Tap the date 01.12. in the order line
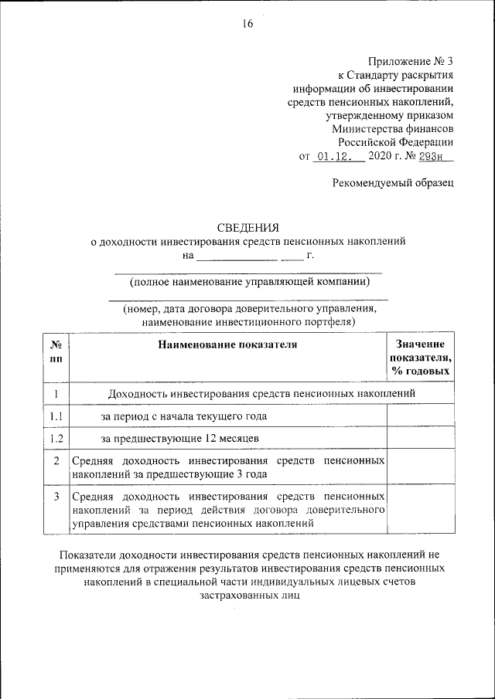click(x=333, y=156)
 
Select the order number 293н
click(x=435, y=156)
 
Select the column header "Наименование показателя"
click(x=227, y=344)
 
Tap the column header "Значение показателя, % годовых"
click(x=420, y=358)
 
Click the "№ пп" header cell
click(x=56, y=351)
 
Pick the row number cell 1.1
click(x=56, y=416)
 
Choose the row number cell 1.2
click(x=56, y=439)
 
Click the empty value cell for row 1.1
click(x=420, y=416)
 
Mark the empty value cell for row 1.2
click(x=420, y=439)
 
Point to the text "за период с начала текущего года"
click(x=184, y=416)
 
